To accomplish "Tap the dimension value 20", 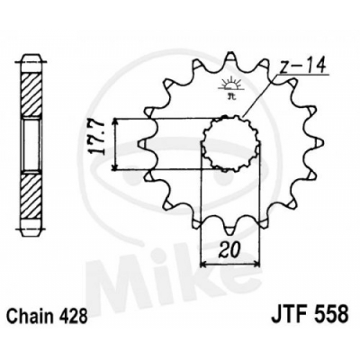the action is (229, 249).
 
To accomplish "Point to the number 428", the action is (74, 314).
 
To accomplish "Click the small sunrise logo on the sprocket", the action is (229, 87).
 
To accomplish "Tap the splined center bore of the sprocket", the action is (230, 143).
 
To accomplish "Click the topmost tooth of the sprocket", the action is (229, 58).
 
